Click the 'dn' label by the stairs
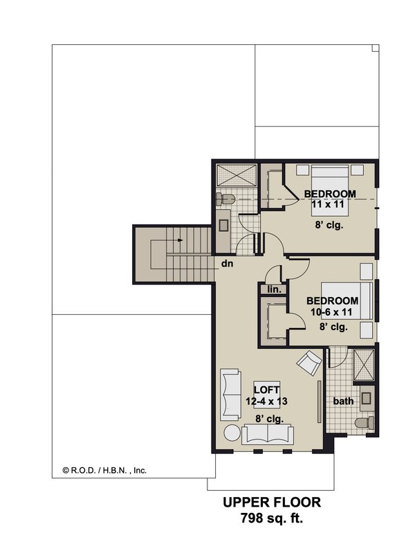point(226,264)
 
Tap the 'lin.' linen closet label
point(273,289)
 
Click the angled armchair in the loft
point(308,361)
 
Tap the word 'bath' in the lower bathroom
point(343,401)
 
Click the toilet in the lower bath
point(362,423)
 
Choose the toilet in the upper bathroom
point(225,199)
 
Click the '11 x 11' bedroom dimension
point(329,204)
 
